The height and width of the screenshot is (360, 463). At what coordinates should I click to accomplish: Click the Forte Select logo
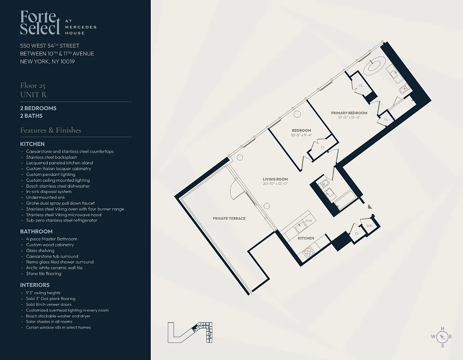coord(40,23)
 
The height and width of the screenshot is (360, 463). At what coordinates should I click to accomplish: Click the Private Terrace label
coord(229,218)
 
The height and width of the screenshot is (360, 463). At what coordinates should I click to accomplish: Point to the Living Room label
coord(275,179)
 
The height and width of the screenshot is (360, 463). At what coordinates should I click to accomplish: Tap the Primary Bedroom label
coord(349,113)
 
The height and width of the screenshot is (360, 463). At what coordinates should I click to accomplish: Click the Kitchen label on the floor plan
coord(306,238)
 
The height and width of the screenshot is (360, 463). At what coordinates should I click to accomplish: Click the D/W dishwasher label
coord(309,221)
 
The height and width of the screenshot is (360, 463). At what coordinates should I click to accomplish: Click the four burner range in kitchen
coord(308,252)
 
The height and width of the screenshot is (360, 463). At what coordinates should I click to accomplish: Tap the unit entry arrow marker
coord(370,207)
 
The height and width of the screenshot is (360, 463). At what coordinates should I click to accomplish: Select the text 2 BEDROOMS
coord(38,108)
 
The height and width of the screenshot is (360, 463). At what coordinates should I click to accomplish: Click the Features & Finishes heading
coord(50,130)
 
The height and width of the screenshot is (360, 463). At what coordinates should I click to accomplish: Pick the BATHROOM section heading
coord(36,231)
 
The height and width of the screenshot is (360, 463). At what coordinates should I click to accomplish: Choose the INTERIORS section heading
coord(35,285)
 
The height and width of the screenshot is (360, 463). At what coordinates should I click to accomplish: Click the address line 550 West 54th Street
coord(49,46)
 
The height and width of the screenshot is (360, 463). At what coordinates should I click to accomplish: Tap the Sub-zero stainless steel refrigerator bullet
coord(62,220)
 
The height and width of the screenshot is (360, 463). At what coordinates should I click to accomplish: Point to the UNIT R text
coord(33,94)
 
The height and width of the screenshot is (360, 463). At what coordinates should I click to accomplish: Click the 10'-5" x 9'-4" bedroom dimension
coord(301,135)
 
